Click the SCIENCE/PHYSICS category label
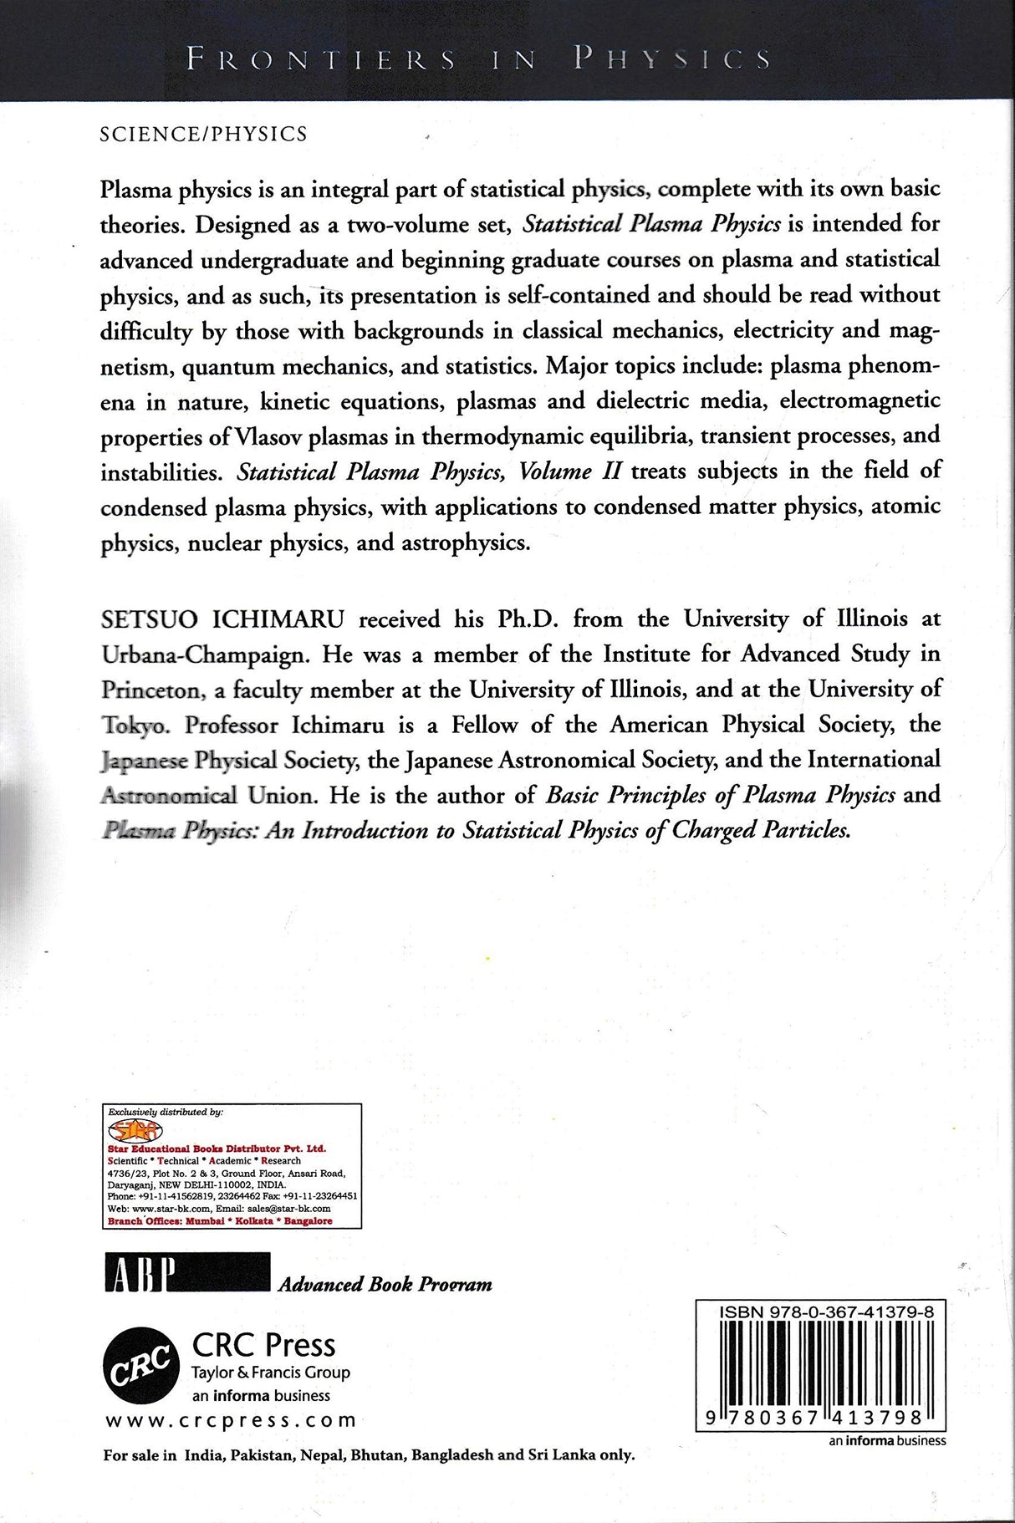(203, 134)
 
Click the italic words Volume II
(569, 472)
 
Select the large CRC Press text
(263, 1345)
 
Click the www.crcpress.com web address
(230, 1420)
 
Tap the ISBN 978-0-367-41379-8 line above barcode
(826, 1314)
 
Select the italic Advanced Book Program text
(385, 1284)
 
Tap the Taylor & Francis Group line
(271, 1373)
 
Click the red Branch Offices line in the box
(221, 1220)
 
